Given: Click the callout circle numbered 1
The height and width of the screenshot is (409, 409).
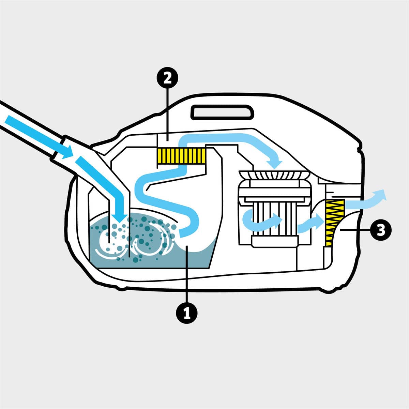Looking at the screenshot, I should [x=186, y=312].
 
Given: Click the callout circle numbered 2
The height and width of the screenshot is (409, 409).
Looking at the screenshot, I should [x=167, y=79].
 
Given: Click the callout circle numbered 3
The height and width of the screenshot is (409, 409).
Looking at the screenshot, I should [x=380, y=230].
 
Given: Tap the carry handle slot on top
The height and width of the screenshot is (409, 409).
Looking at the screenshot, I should [x=223, y=112].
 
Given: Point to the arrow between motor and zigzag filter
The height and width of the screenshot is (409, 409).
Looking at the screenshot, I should [x=310, y=223].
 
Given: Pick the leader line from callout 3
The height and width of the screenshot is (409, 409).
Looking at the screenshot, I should [x=354, y=231].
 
